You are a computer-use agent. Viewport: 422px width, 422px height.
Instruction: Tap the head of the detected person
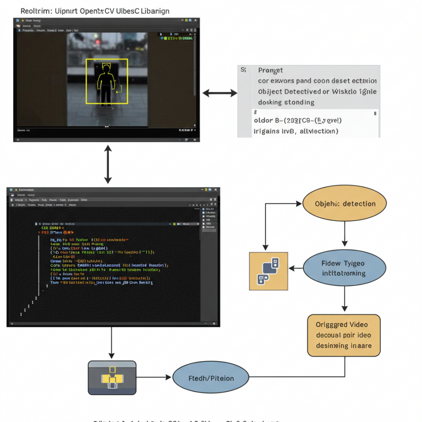(106, 68)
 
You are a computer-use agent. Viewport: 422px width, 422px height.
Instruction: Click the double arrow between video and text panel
(220, 93)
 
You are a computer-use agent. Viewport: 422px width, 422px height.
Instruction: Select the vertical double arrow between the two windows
(108, 164)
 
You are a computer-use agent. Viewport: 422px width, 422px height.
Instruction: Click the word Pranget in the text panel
(271, 70)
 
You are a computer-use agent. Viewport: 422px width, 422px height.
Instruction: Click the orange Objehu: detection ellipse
(345, 203)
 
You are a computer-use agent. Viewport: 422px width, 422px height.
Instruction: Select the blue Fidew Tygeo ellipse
(345, 268)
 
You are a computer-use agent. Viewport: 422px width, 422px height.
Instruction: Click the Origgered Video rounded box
(344, 335)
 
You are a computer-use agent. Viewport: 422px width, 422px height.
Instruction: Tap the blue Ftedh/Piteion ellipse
(211, 378)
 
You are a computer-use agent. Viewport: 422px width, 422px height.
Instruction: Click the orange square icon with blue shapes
(269, 271)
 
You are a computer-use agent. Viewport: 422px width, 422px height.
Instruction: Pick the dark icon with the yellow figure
(112, 377)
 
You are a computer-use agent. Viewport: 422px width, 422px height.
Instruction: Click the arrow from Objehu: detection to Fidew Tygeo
(345, 233)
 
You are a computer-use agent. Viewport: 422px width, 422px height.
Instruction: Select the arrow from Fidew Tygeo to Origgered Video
(345, 299)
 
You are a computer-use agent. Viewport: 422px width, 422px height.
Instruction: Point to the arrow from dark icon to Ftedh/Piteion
(154, 377)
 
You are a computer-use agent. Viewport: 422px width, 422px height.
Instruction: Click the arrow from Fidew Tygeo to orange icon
(295, 268)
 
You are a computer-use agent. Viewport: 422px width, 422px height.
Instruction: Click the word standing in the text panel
(299, 102)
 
